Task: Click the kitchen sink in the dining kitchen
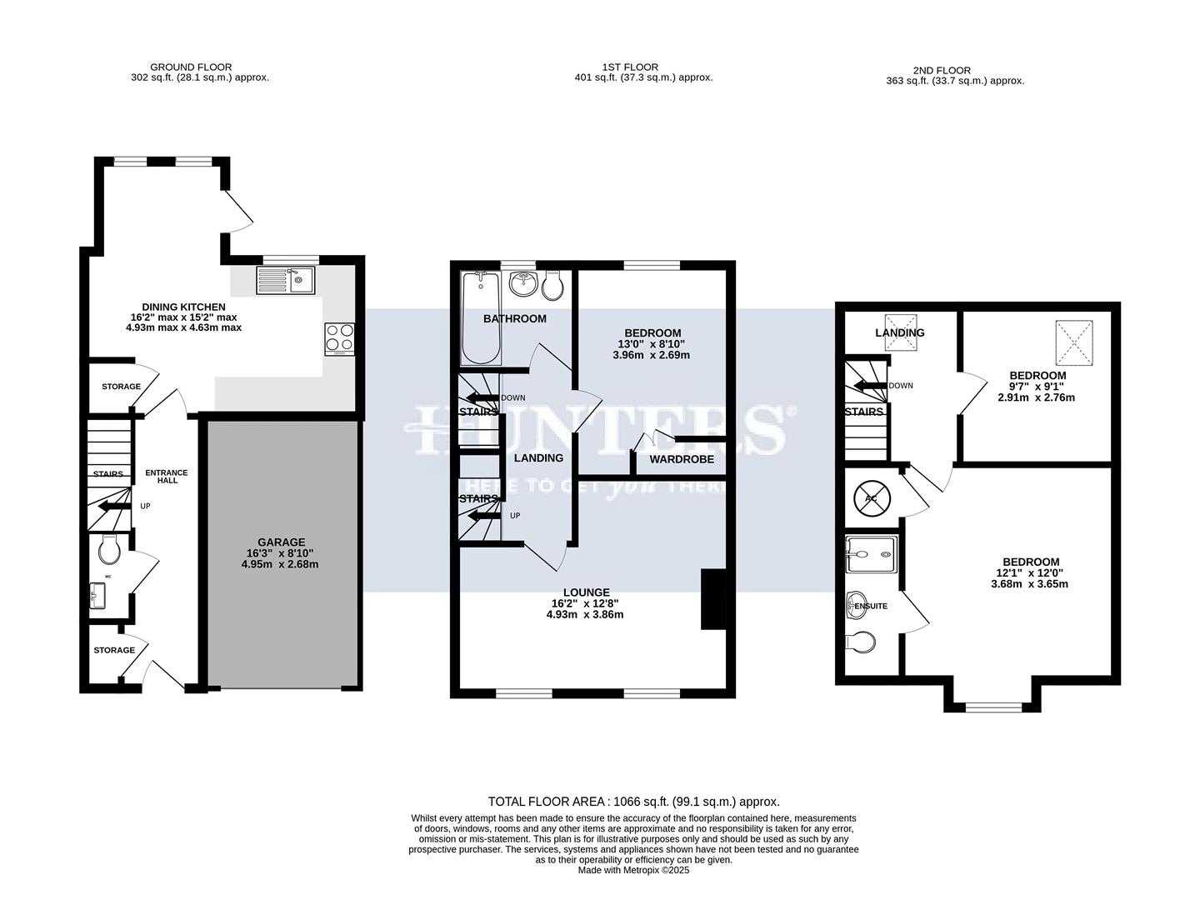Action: point(284,279)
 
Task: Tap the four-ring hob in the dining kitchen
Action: point(339,338)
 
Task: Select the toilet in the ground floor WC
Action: point(110,550)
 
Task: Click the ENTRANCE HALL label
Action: point(167,477)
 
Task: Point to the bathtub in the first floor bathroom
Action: point(480,317)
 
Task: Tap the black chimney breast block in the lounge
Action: point(713,599)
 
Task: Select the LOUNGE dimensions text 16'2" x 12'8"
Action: point(585,604)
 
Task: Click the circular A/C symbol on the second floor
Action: point(872,498)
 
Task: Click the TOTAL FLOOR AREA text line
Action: point(633,802)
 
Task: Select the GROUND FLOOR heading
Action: point(191,67)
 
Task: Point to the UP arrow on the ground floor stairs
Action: point(113,506)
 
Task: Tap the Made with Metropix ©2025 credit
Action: point(634,870)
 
